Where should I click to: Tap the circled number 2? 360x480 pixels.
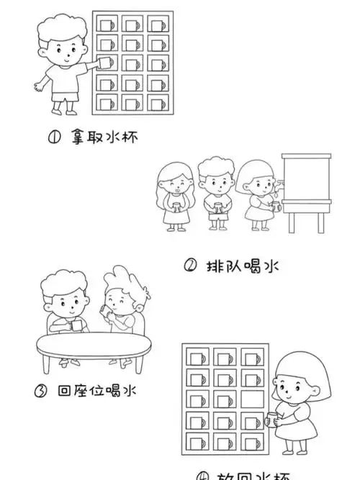(190, 266)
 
